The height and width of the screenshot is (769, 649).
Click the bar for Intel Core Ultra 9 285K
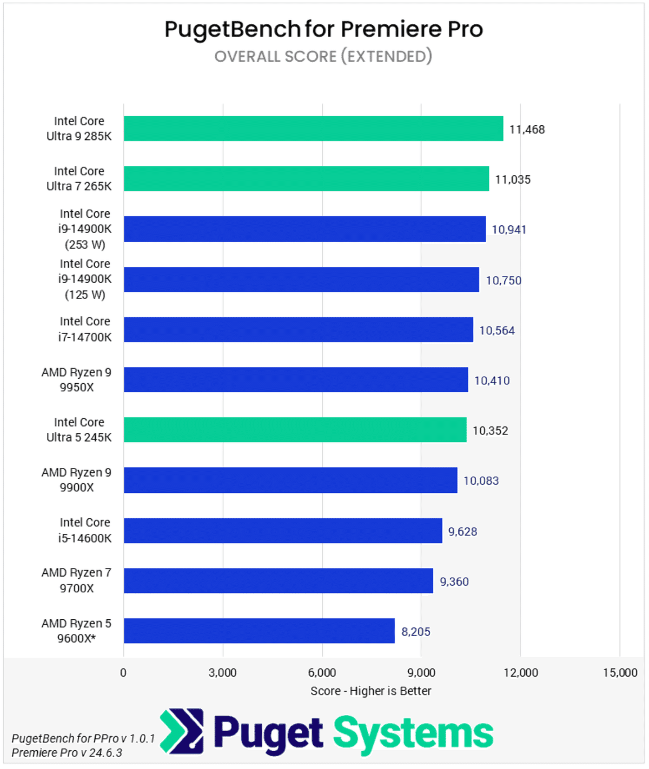313,129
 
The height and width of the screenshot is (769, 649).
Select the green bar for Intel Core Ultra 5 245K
295,430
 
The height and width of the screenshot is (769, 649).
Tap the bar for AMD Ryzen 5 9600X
259,631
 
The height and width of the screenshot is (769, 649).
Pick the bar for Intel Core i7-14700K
298,330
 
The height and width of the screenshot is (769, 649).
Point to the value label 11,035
513,179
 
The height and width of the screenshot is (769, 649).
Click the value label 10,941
508,230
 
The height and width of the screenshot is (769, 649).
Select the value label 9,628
462,532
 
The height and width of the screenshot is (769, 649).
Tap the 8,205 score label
415,632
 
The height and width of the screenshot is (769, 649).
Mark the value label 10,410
492,380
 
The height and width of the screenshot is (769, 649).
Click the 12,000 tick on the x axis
520,672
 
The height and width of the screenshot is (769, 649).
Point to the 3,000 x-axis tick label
222,672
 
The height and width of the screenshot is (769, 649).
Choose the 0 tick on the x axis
123,672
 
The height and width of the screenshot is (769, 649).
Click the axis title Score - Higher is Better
370,691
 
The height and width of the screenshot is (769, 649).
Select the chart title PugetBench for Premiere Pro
323,29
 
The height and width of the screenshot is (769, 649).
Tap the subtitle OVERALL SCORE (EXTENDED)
323,56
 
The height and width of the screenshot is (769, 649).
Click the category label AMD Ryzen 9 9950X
76,380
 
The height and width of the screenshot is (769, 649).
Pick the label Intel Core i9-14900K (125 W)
84,279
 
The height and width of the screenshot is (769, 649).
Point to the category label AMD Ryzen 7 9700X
76,580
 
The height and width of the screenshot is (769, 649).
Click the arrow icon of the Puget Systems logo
182,731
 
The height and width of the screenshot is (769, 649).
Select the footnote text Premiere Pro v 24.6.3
67,753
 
